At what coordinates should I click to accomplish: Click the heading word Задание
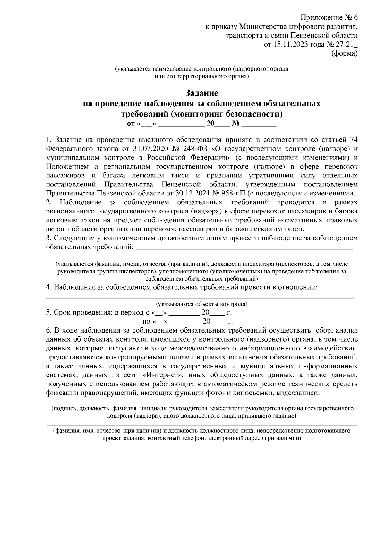pyautogui.click(x=202, y=93)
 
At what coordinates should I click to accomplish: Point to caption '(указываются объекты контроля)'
pyautogui.click(x=202, y=304)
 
